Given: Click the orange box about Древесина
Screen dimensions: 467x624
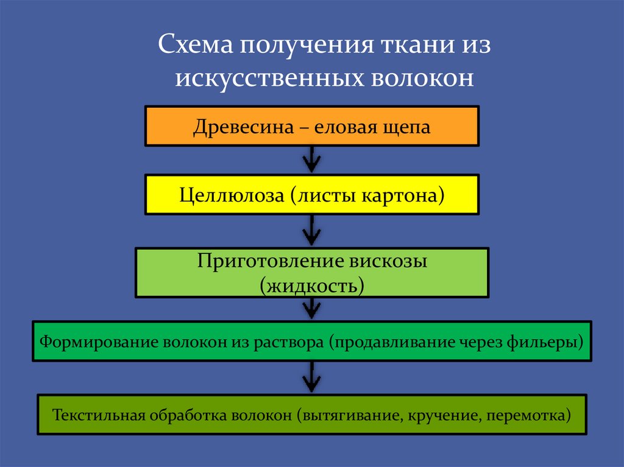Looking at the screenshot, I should (x=311, y=126).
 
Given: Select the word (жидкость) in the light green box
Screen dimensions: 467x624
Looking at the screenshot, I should (x=312, y=284).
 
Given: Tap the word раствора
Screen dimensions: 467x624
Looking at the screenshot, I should (x=295, y=342).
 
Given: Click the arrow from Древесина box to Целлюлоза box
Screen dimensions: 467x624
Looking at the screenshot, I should (x=311, y=160).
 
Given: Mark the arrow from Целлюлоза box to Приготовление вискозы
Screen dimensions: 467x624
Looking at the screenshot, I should (x=311, y=230).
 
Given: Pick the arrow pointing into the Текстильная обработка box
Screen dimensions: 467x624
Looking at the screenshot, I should (x=311, y=377).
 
